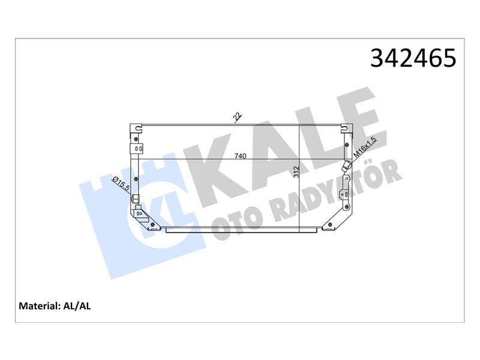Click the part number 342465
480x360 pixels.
[413, 58]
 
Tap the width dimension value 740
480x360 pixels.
[240, 156]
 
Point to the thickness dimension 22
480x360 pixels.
[238, 117]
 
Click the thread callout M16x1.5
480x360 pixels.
[365, 147]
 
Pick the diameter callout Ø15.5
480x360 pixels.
[121, 184]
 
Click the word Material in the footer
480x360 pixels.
[38, 306]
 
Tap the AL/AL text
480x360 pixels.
[77, 306]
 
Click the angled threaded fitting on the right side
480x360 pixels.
[347, 166]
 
